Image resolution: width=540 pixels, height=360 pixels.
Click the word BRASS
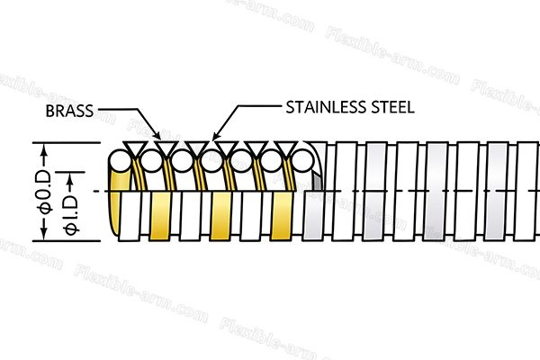(x=69, y=111)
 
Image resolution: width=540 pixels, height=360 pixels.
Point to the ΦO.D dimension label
(x=46, y=193)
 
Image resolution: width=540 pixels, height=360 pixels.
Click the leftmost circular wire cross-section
(x=120, y=161)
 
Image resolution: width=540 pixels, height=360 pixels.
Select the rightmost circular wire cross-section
(x=302, y=161)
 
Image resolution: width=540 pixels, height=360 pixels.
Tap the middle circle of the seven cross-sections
(x=211, y=161)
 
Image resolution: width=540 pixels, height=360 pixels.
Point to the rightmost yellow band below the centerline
(x=282, y=216)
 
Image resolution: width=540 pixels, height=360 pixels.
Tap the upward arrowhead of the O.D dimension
(x=44, y=148)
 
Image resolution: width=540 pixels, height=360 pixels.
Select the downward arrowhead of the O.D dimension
(x=44, y=235)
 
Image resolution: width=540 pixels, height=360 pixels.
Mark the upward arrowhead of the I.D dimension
(x=70, y=178)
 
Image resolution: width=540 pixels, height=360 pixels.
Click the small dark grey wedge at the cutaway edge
(x=317, y=182)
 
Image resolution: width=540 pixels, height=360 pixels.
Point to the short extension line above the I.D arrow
(x=70, y=172)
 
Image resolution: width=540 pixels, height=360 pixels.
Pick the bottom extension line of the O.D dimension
(x=67, y=241)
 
